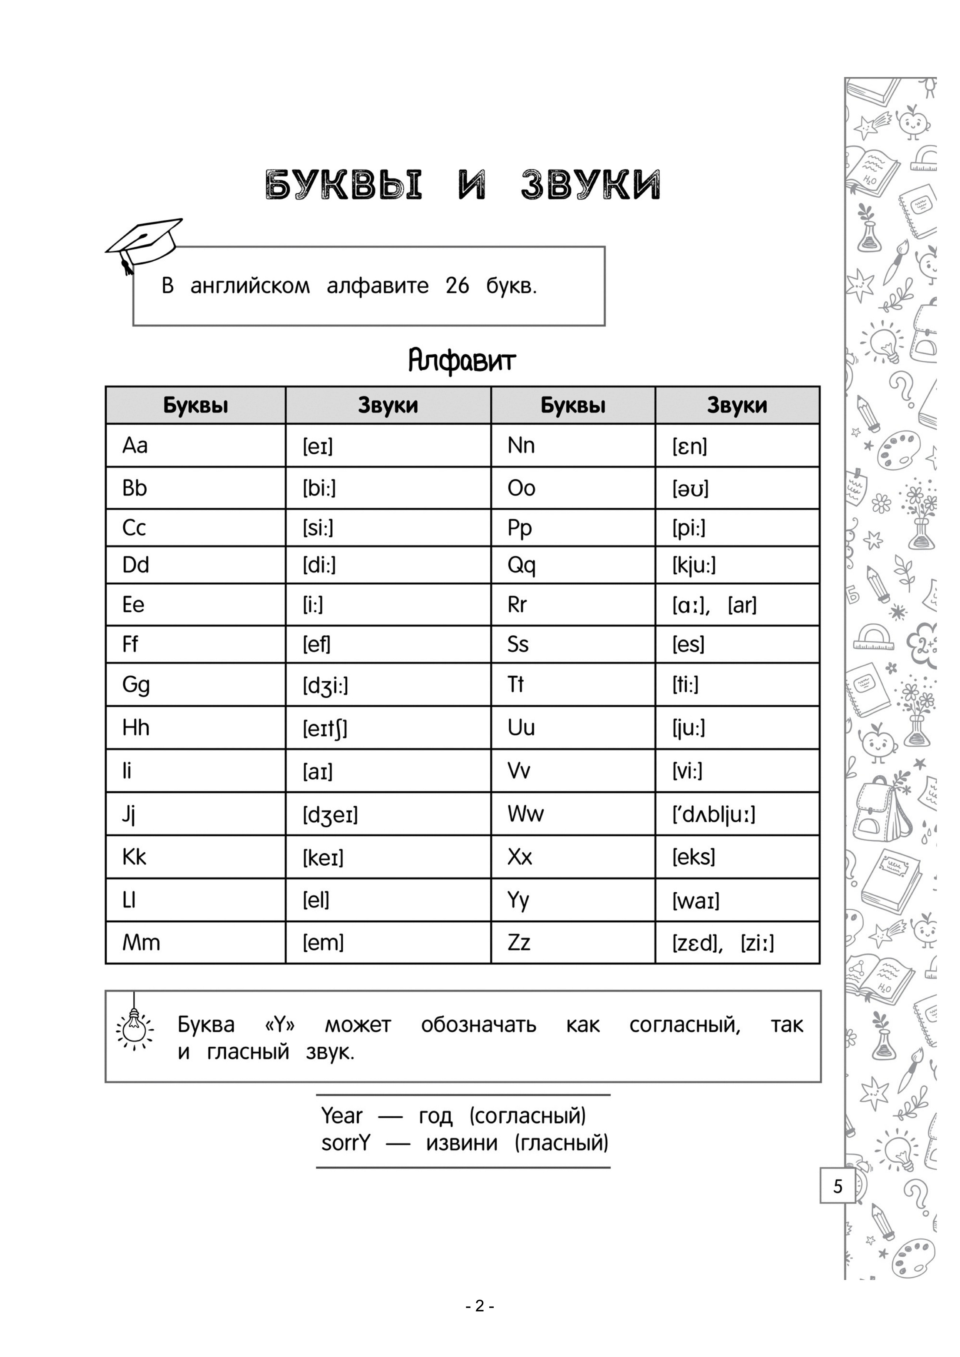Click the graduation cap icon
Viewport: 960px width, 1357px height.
144,244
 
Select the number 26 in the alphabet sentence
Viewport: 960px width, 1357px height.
457,286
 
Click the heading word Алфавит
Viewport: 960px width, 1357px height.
462,360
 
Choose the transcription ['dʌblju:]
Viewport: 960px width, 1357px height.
713,815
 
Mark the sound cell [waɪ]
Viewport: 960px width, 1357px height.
696,901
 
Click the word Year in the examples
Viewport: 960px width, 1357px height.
342,1116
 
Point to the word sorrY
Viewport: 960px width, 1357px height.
345,1143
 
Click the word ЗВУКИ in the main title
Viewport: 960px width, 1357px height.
590,185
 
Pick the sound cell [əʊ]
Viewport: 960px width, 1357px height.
690,489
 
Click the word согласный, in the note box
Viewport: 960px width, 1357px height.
684,1025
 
